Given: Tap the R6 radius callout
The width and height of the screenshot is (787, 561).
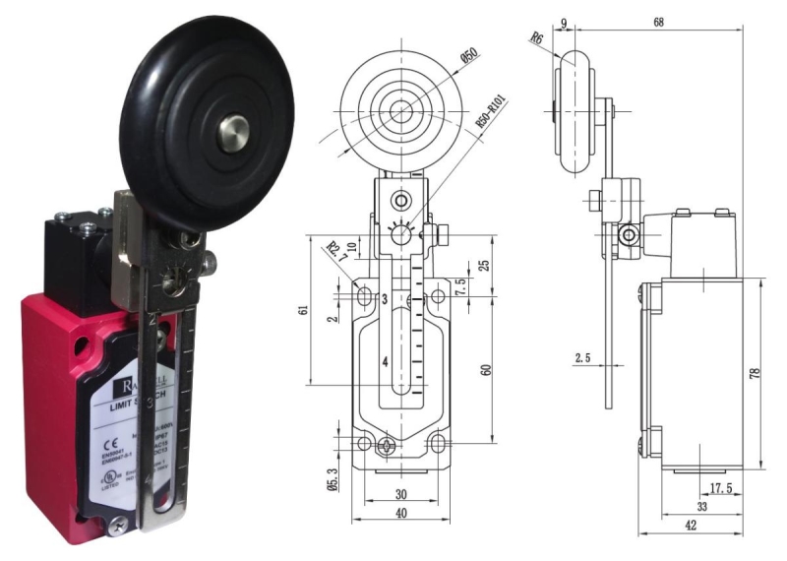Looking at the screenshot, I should click(x=537, y=39).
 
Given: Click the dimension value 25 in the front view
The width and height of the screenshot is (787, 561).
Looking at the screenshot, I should click(x=484, y=265).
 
